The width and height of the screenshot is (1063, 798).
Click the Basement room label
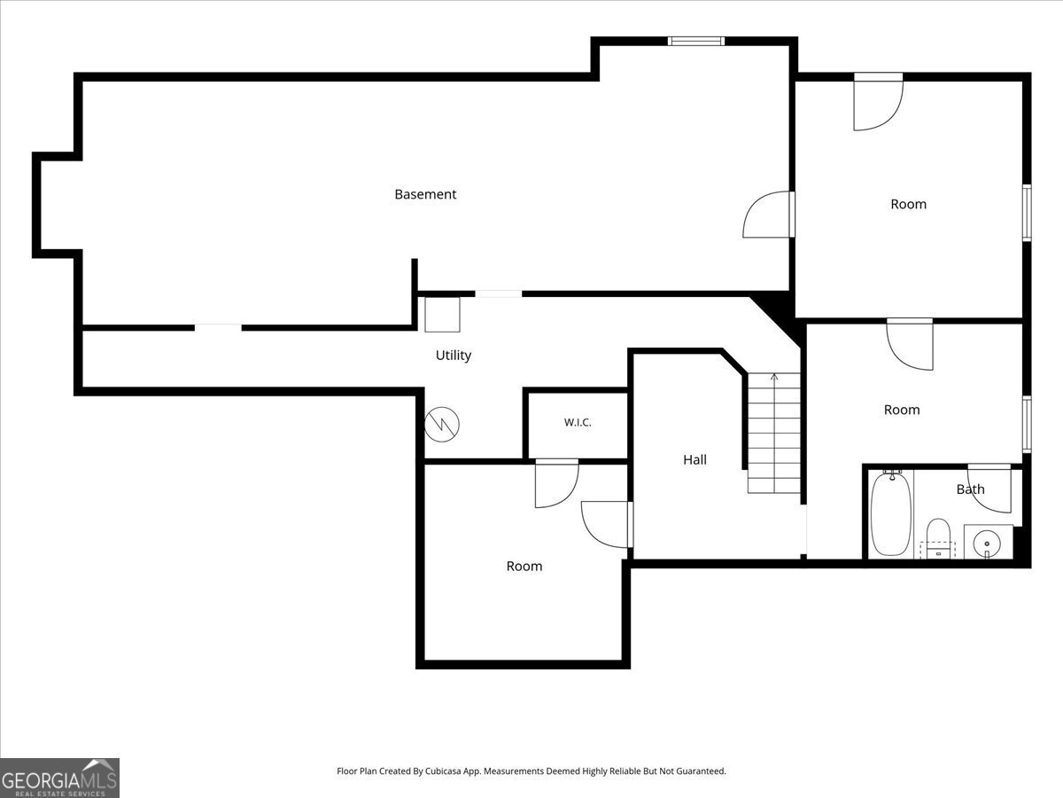[425, 194]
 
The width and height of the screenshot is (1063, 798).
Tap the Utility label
[454, 356]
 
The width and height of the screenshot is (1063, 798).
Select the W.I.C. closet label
[578, 423]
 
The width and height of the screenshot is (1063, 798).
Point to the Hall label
[694, 460]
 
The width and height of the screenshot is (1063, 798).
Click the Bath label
[970, 489]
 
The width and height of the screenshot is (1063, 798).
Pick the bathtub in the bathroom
[890, 514]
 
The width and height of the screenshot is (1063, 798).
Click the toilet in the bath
[938, 538]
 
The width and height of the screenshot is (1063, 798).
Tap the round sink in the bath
[987, 544]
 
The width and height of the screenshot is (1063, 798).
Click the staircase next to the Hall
[774, 434]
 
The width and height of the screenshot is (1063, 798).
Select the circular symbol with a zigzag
[442, 425]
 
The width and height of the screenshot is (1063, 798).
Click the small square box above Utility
[442, 315]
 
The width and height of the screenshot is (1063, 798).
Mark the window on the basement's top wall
[696, 41]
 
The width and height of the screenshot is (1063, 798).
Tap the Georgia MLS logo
[59, 778]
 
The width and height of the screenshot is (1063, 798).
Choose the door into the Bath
[989, 489]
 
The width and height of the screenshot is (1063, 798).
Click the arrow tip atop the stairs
[774, 374]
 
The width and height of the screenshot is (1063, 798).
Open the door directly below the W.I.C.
[557, 483]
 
